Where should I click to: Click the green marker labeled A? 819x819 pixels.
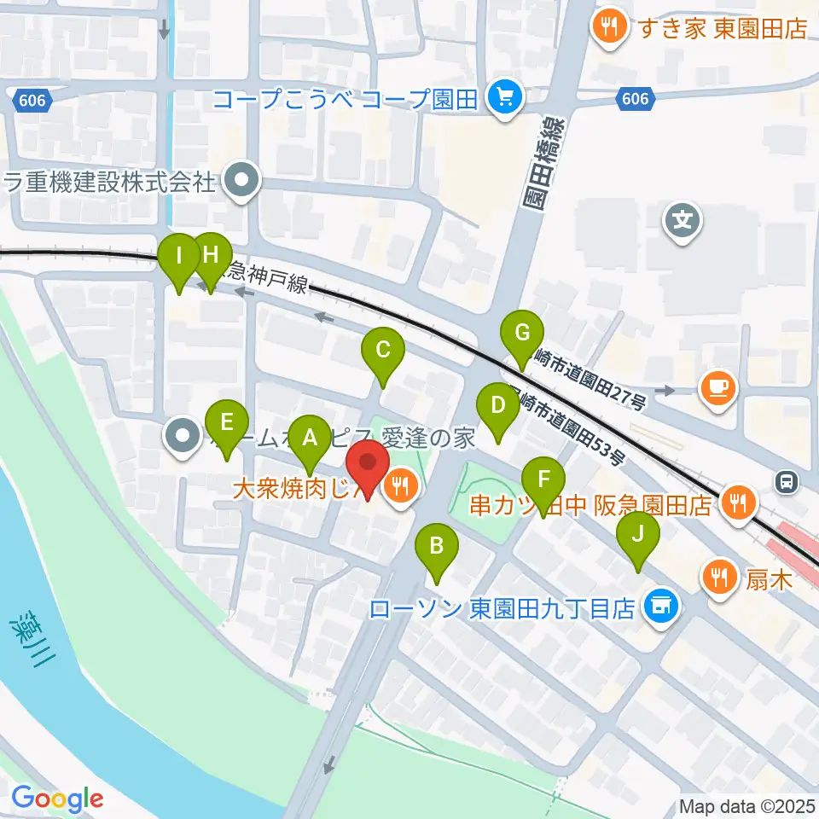[310, 439]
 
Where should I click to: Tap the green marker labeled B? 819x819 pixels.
[436, 545]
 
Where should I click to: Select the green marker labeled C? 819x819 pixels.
[383, 350]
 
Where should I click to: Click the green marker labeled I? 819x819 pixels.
[179, 256]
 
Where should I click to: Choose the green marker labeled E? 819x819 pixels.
[226, 422]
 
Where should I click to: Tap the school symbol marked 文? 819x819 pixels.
[683, 223]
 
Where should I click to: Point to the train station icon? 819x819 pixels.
[787, 482]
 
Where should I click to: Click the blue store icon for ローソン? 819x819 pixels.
[659, 607]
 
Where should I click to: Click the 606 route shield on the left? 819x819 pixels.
[32, 101]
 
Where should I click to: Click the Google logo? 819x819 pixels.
[57, 799]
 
